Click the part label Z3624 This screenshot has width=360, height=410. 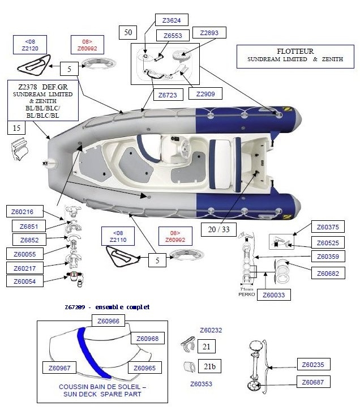(172, 20)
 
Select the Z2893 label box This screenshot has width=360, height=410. (209, 32)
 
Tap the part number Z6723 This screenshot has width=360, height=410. (168, 95)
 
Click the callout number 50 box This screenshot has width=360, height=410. (127, 33)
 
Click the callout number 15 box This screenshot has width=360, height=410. (16, 129)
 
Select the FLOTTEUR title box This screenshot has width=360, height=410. (295, 55)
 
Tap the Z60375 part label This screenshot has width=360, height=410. (327, 227)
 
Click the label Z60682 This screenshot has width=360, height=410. (327, 274)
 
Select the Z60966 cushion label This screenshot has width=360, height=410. (108, 321)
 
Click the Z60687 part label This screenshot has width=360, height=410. (312, 382)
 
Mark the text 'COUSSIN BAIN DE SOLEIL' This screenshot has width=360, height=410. (102, 386)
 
